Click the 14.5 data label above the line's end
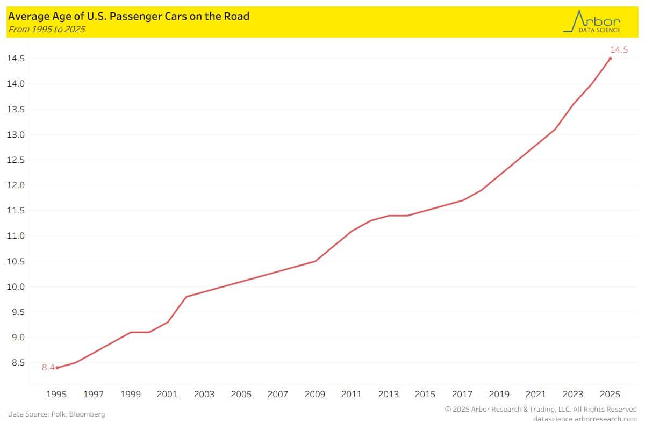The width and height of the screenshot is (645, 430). pyautogui.click(x=619, y=50)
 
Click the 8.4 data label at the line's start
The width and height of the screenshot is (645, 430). pyautogui.click(x=48, y=368)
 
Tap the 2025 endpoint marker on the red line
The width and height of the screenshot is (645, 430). pyautogui.click(x=610, y=58)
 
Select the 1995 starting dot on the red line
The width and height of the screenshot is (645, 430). pyautogui.click(x=57, y=368)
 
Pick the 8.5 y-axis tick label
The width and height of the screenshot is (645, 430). pyautogui.click(x=17, y=363)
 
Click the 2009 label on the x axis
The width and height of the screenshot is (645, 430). pyautogui.click(x=315, y=395)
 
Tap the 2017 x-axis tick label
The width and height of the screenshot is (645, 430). pyautogui.click(x=463, y=395)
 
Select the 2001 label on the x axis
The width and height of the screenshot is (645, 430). pyautogui.click(x=168, y=395)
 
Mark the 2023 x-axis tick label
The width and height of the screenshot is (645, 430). pyautogui.click(x=573, y=395)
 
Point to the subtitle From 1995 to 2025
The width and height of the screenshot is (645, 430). pyautogui.click(x=46, y=29)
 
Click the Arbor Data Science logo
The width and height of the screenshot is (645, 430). pyautogui.click(x=592, y=21)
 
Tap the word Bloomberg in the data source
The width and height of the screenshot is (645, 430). pyautogui.click(x=89, y=414)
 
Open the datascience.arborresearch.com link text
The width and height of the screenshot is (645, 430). pyautogui.click(x=585, y=419)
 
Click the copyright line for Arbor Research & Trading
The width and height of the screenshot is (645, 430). pyautogui.click(x=541, y=410)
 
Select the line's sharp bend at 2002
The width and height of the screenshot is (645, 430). pyautogui.click(x=186, y=297)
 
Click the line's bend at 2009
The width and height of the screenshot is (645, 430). pyautogui.click(x=315, y=261)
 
